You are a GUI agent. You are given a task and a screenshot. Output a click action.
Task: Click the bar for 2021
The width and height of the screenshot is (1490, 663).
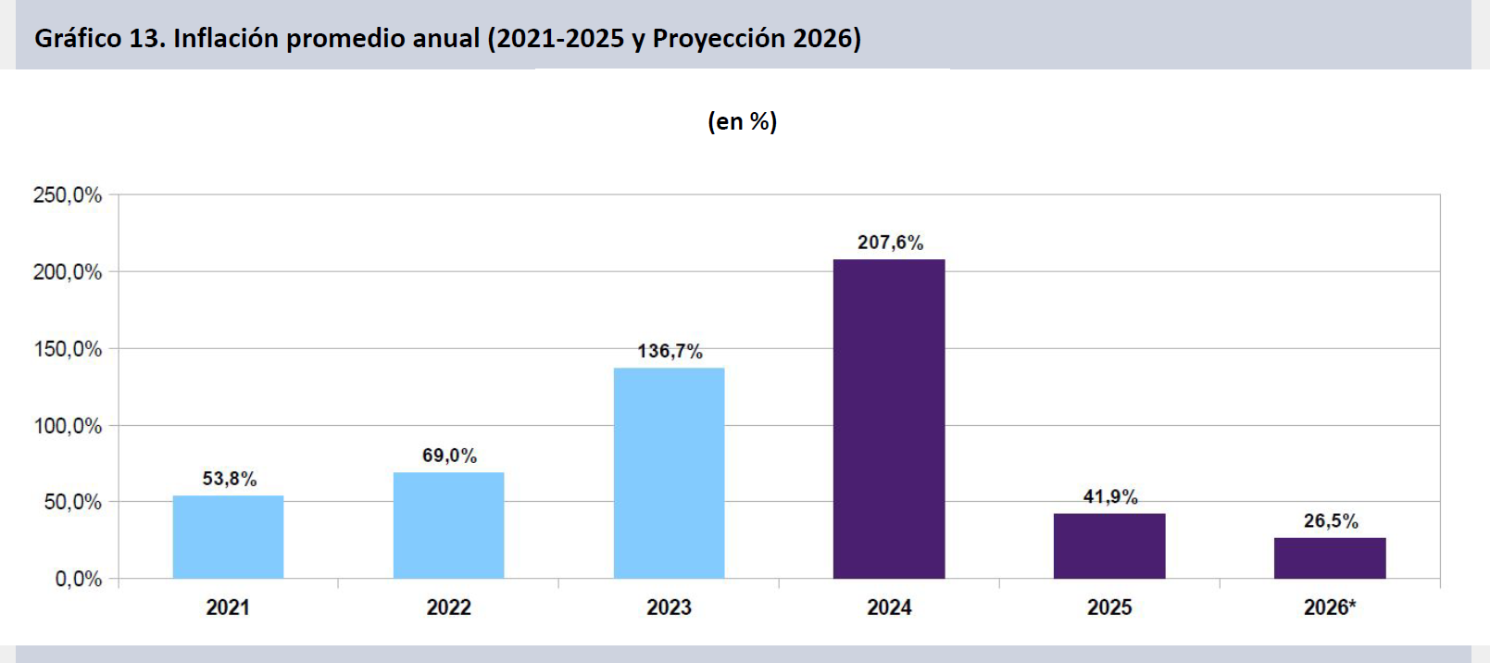pyautogui.click(x=228, y=537)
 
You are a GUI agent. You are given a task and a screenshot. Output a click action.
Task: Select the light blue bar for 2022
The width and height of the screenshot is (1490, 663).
pyautogui.click(x=448, y=525)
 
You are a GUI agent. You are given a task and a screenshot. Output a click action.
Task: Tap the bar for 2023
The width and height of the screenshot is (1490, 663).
pyautogui.click(x=669, y=473)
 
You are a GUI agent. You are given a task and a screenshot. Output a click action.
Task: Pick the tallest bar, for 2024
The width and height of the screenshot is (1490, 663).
pyautogui.click(x=889, y=419)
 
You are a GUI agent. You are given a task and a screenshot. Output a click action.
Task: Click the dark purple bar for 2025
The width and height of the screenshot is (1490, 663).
pyautogui.click(x=1109, y=546)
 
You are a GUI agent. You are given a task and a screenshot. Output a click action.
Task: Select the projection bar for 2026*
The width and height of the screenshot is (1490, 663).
pyautogui.click(x=1330, y=558)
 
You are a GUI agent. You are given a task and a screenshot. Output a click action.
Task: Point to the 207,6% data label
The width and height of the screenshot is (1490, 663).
pyautogui.click(x=890, y=243)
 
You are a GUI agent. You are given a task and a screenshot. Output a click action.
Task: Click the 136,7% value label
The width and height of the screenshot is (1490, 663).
pyautogui.click(x=670, y=352)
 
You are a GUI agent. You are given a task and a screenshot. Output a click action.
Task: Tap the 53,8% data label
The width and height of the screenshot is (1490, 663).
pyautogui.click(x=230, y=479)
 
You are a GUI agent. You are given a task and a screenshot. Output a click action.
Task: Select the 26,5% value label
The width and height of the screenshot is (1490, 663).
pyautogui.click(x=1331, y=521)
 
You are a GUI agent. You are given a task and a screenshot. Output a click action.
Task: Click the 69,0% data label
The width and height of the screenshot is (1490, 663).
pyautogui.click(x=449, y=456)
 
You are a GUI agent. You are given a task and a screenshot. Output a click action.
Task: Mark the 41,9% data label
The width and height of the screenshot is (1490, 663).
pyautogui.click(x=1110, y=497)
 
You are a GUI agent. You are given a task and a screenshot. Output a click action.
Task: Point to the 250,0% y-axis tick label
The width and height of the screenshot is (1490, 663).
pyautogui.click(x=68, y=195)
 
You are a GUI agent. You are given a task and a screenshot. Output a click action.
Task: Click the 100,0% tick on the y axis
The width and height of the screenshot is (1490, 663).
pyautogui.click(x=68, y=426)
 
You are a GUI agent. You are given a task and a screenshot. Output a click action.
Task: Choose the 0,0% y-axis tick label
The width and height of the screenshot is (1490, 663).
pyautogui.click(x=79, y=580)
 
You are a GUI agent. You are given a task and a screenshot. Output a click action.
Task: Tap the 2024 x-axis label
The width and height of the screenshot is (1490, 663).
pyautogui.click(x=889, y=607)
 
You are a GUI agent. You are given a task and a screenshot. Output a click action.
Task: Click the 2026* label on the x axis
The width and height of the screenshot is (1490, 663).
pyautogui.click(x=1330, y=607)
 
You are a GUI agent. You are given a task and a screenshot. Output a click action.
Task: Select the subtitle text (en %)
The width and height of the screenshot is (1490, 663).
pyautogui.click(x=742, y=121)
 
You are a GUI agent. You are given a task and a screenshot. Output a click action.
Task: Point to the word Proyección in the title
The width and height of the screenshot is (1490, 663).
pyautogui.click(x=706, y=38)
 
